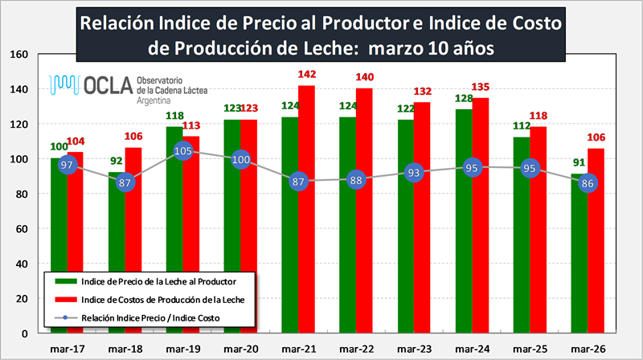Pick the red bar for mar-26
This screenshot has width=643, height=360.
[596, 257]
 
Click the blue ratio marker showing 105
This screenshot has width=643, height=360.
[183, 151]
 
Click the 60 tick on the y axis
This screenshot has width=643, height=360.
[22, 229]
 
